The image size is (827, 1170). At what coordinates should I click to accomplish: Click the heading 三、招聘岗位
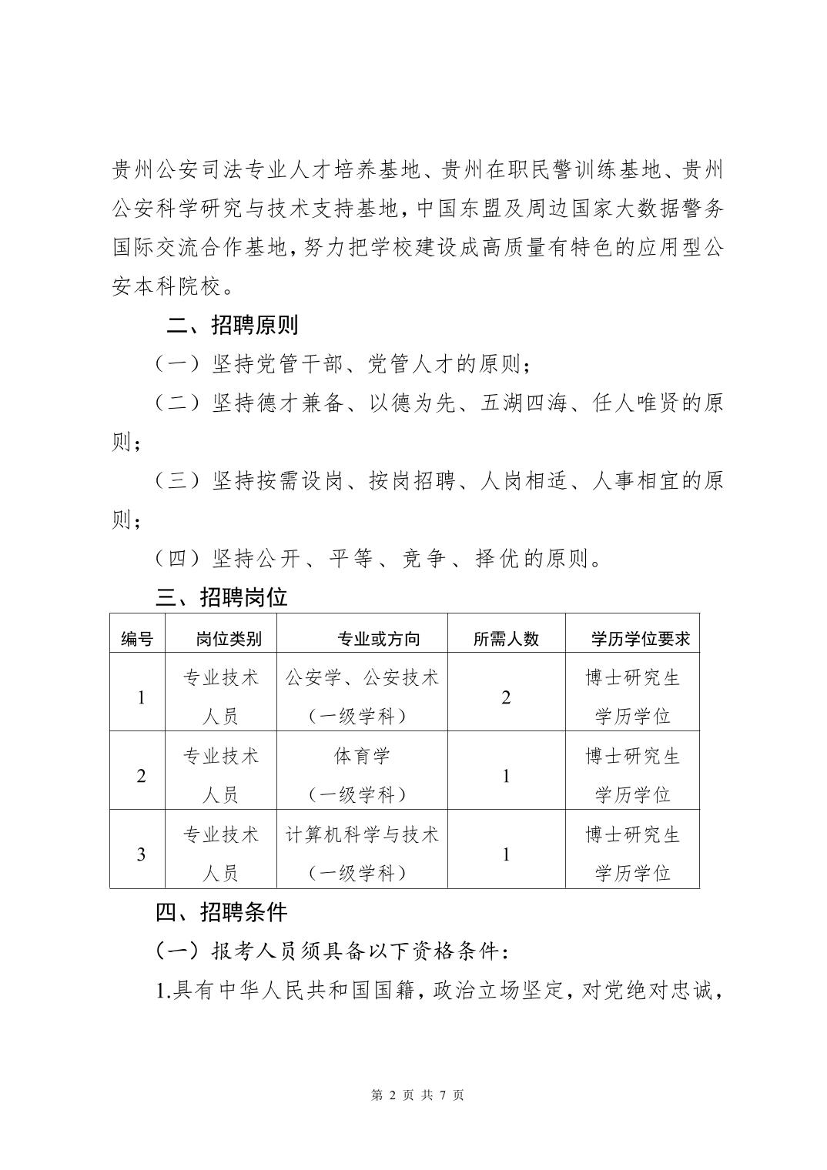point(221,597)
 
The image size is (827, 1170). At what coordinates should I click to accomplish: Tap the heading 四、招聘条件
point(221,912)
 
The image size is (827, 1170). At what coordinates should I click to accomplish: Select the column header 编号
point(137,638)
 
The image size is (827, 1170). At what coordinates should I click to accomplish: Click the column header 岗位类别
point(229,638)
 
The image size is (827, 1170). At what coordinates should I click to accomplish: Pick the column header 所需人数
point(506,638)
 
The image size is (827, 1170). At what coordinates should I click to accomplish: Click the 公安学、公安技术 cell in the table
point(362,678)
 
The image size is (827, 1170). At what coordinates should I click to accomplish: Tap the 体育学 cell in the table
point(362,756)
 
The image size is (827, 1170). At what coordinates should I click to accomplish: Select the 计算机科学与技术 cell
point(362,834)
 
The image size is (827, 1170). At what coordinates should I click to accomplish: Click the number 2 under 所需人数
point(506,697)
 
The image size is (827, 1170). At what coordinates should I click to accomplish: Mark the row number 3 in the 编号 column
point(141,854)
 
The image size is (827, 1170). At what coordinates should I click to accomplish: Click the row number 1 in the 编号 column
point(141,697)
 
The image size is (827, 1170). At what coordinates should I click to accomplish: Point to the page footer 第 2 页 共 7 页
point(417,1095)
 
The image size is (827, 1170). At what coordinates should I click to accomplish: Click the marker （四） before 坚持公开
point(178,559)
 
